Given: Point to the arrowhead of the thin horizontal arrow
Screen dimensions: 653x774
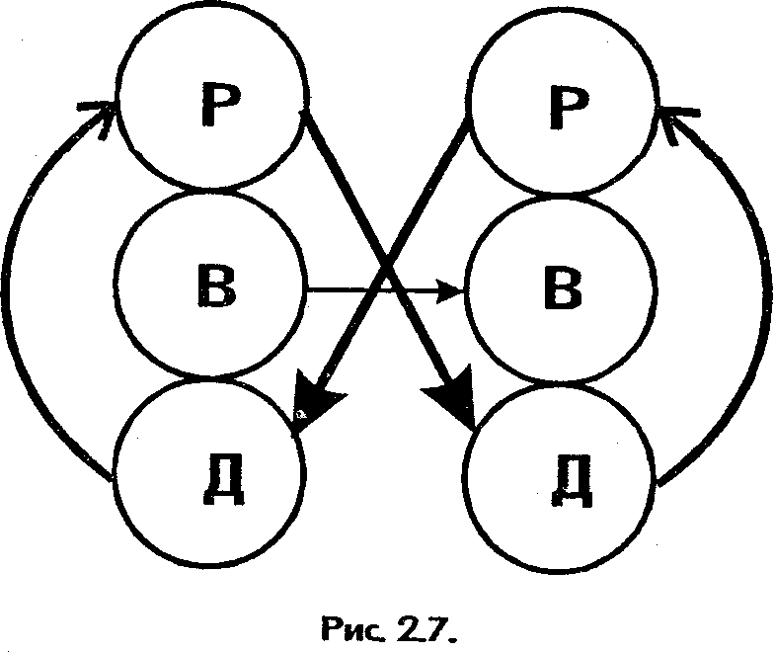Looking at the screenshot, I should click(454, 291).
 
